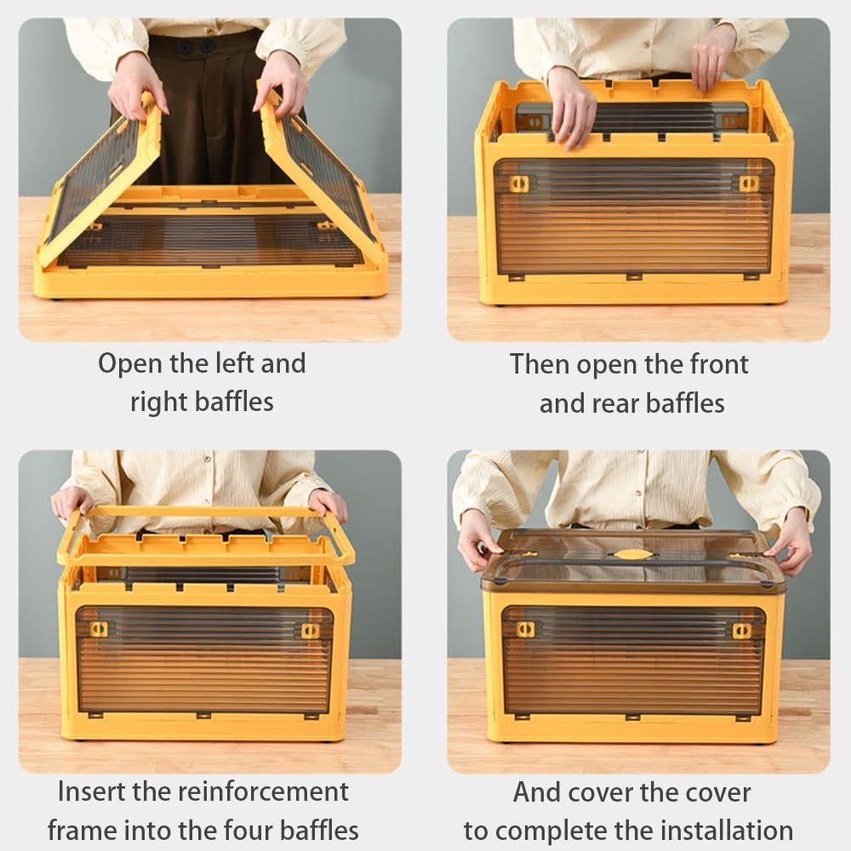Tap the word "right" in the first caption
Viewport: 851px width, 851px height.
(159, 403)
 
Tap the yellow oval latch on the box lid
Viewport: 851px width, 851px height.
(631, 554)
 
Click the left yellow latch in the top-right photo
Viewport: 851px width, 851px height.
(519, 184)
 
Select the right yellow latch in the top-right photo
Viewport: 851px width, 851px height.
(750, 184)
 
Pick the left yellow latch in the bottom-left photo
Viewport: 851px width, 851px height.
(99, 629)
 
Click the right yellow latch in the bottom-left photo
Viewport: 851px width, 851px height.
(310, 631)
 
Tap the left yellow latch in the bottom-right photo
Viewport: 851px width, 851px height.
(525, 630)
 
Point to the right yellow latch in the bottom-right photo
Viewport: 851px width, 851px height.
(741, 631)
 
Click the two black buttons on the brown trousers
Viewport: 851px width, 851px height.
(196, 47)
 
